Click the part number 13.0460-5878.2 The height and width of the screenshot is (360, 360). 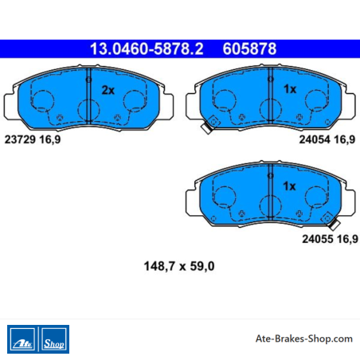click(x=147, y=49)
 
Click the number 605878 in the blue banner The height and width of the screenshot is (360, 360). click(x=249, y=49)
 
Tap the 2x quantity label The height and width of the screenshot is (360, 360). click(x=108, y=90)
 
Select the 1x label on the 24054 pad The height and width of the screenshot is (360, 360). click(x=290, y=89)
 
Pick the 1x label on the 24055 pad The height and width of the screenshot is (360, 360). click(x=289, y=186)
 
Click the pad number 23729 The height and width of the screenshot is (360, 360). click(x=20, y=139)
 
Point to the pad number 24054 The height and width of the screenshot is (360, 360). click(x=315, y=139)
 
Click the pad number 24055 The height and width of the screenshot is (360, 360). click(x=318, y=239)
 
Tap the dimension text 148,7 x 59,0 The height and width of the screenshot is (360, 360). click(x=179, y=266)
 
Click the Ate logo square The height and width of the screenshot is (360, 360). click(x=22, y=339)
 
